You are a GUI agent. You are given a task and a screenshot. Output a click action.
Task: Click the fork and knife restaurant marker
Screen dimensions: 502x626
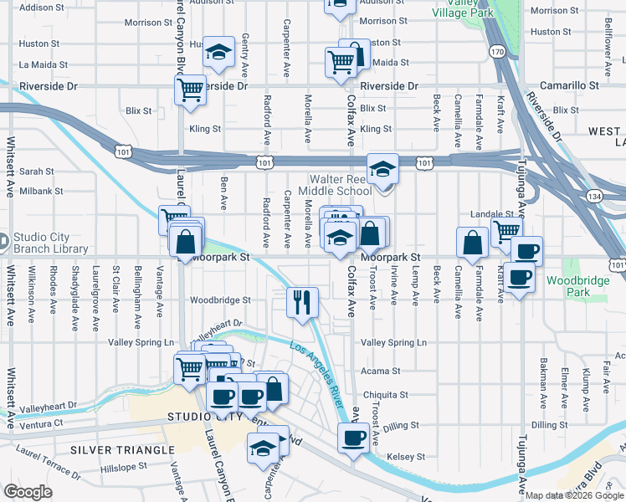tap(302, 302)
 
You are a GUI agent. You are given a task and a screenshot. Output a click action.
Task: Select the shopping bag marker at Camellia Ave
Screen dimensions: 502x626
tap(472, 243)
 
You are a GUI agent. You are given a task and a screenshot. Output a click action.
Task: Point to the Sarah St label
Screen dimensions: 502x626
tap(36, 171)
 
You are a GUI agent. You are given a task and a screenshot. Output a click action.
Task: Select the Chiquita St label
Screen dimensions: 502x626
tap(384, 394)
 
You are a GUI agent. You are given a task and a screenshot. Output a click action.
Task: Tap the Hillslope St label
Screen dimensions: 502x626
tap(123, 470)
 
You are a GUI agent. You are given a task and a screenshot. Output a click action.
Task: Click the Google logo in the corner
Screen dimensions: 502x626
tap(28, 492)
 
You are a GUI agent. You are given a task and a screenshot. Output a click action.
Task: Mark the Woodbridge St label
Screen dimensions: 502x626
tap(220, 300)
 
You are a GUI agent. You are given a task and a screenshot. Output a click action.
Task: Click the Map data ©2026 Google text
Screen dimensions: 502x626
tap(574, 495)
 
